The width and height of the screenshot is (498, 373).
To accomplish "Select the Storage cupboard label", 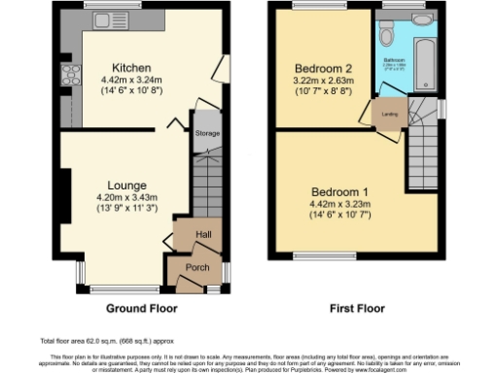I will pyautogui.click(x=207, y=133).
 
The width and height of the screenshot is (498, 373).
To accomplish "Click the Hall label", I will pyautogui.click(x=205, y=235).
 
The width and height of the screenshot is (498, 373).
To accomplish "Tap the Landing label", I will pyautogui.click(x=387, y=118).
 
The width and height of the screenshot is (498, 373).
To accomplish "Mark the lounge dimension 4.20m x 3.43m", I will pyautogui.click(x=128, y=197).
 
